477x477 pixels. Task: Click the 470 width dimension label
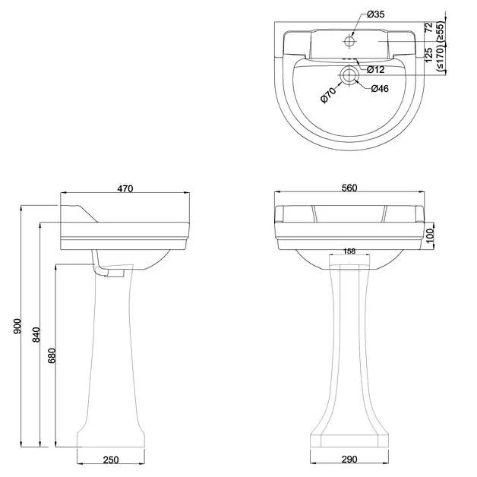click(125, 188)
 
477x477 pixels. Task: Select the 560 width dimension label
click(349, 188)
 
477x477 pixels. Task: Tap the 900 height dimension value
click(17, 326)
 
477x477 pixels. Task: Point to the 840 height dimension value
click(36, 335)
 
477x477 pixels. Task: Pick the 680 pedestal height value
click(52, 356)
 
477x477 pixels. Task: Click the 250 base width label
click(111, 460)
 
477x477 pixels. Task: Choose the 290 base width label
click(349, 459)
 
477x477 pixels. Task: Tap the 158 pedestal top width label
click(349, 251)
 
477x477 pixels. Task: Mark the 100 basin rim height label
click(430, 235)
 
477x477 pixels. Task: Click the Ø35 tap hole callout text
click(375, 14)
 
